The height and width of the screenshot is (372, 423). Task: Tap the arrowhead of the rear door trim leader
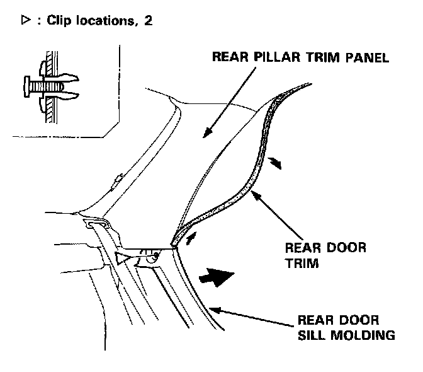click(254, 194)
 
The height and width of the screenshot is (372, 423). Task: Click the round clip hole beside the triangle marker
click(150, 257)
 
